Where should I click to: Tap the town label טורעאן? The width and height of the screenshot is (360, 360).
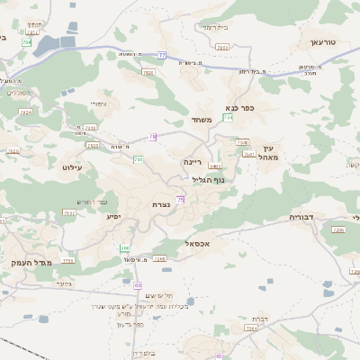321,42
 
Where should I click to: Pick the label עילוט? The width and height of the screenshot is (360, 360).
72,167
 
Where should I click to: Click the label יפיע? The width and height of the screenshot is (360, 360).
113,216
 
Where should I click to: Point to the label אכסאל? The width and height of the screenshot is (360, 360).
195,244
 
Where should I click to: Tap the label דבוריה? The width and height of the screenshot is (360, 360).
301,217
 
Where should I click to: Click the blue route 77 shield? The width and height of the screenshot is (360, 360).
161,55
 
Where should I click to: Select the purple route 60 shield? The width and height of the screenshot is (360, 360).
139,285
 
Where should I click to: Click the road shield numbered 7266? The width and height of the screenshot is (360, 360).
161,259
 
